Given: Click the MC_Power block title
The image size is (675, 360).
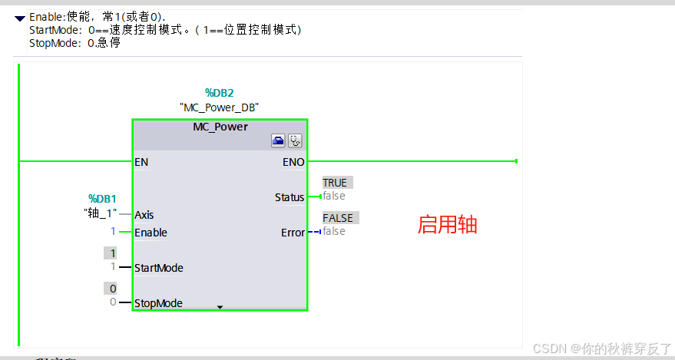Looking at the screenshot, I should click(220, 127).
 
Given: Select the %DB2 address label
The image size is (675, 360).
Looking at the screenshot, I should click(219, 93).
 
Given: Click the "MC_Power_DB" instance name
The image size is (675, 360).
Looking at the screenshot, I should click(219, 107).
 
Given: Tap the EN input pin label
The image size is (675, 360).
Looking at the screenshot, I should click(141, 162).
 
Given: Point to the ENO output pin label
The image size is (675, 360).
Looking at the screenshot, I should click(294, 162).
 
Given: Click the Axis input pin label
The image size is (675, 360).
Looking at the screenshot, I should click(144, 215).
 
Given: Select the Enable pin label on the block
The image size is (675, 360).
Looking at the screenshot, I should click(151, 233).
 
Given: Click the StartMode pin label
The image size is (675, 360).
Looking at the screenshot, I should click(158, 268).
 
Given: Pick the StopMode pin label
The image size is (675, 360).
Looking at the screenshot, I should click(158, 303).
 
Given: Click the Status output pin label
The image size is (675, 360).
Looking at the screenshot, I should click(290, 197).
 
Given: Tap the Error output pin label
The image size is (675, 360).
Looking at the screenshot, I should click(293, 233).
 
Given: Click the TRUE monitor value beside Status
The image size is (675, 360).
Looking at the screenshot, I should click(335, 183).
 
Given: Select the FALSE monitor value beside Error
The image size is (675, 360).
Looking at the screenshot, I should click(337, 218).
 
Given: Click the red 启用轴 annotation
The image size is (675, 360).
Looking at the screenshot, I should click(447, 225).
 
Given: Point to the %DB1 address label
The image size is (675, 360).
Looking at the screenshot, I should click(102, 198).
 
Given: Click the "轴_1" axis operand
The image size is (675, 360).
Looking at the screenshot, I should click(100, 213).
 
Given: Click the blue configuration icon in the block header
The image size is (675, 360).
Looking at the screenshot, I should click(278, 140).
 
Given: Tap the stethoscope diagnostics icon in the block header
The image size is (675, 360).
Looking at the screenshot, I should click(295, 140).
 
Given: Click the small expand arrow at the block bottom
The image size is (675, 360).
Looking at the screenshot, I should click(220, 307).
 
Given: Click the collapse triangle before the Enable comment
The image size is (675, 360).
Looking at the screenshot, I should click(19, 17).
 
